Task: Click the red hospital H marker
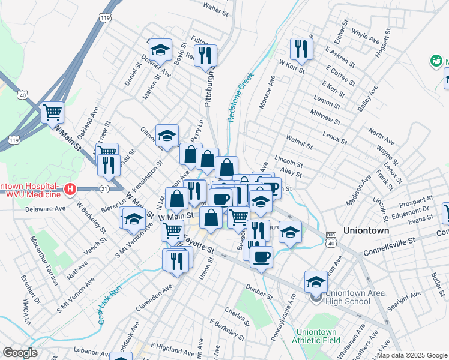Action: coord(70,190)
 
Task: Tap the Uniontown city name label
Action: coord(366,230)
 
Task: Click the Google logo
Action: coord(19,353)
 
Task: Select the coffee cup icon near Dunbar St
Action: coord(261,257)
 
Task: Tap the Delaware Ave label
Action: coord(45,209)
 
